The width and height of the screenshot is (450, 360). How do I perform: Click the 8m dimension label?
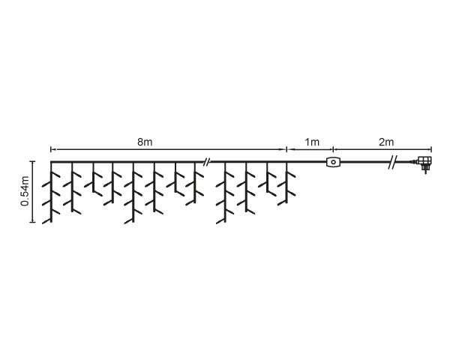145,142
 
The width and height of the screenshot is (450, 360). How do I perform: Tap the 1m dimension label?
312,142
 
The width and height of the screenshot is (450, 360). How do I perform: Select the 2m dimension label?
386,142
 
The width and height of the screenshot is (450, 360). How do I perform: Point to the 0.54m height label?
25,191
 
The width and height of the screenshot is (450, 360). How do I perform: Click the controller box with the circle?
333,162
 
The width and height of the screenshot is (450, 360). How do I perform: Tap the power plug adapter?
424,163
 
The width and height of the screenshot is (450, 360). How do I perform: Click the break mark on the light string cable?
206,162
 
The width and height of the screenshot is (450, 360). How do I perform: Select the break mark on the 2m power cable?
392,163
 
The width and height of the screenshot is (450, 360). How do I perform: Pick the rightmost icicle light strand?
286,184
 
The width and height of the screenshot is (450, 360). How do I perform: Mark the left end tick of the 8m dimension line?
51,149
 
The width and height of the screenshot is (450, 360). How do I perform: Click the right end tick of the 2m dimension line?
431,149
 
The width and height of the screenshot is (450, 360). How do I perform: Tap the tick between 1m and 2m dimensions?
333,149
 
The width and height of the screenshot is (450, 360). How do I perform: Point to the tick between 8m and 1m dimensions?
286,149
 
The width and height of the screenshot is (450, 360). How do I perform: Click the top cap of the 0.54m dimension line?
33,161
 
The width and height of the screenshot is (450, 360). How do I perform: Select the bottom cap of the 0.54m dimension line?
33,222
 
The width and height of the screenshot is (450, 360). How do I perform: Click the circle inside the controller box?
333,162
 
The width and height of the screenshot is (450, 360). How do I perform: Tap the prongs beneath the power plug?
425,171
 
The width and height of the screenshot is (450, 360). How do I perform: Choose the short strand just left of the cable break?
195,184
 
